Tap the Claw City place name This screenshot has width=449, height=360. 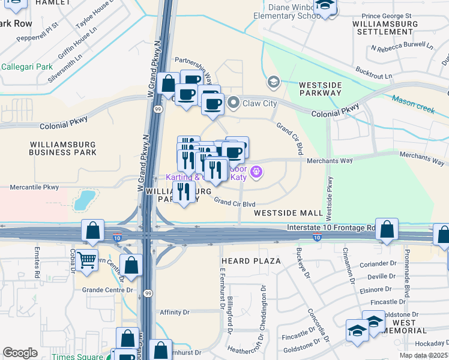[259, 103]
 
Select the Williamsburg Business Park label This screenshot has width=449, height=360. [64, 148]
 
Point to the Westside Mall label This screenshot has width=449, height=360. [288, 213]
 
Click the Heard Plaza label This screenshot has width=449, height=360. [251, 261]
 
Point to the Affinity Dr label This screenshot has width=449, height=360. [175, 312]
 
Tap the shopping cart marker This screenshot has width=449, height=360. [87, 260]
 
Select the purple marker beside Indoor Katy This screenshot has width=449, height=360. [256, 172]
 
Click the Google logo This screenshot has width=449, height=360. [20, 353]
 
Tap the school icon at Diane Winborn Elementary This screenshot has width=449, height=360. [325, 6]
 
